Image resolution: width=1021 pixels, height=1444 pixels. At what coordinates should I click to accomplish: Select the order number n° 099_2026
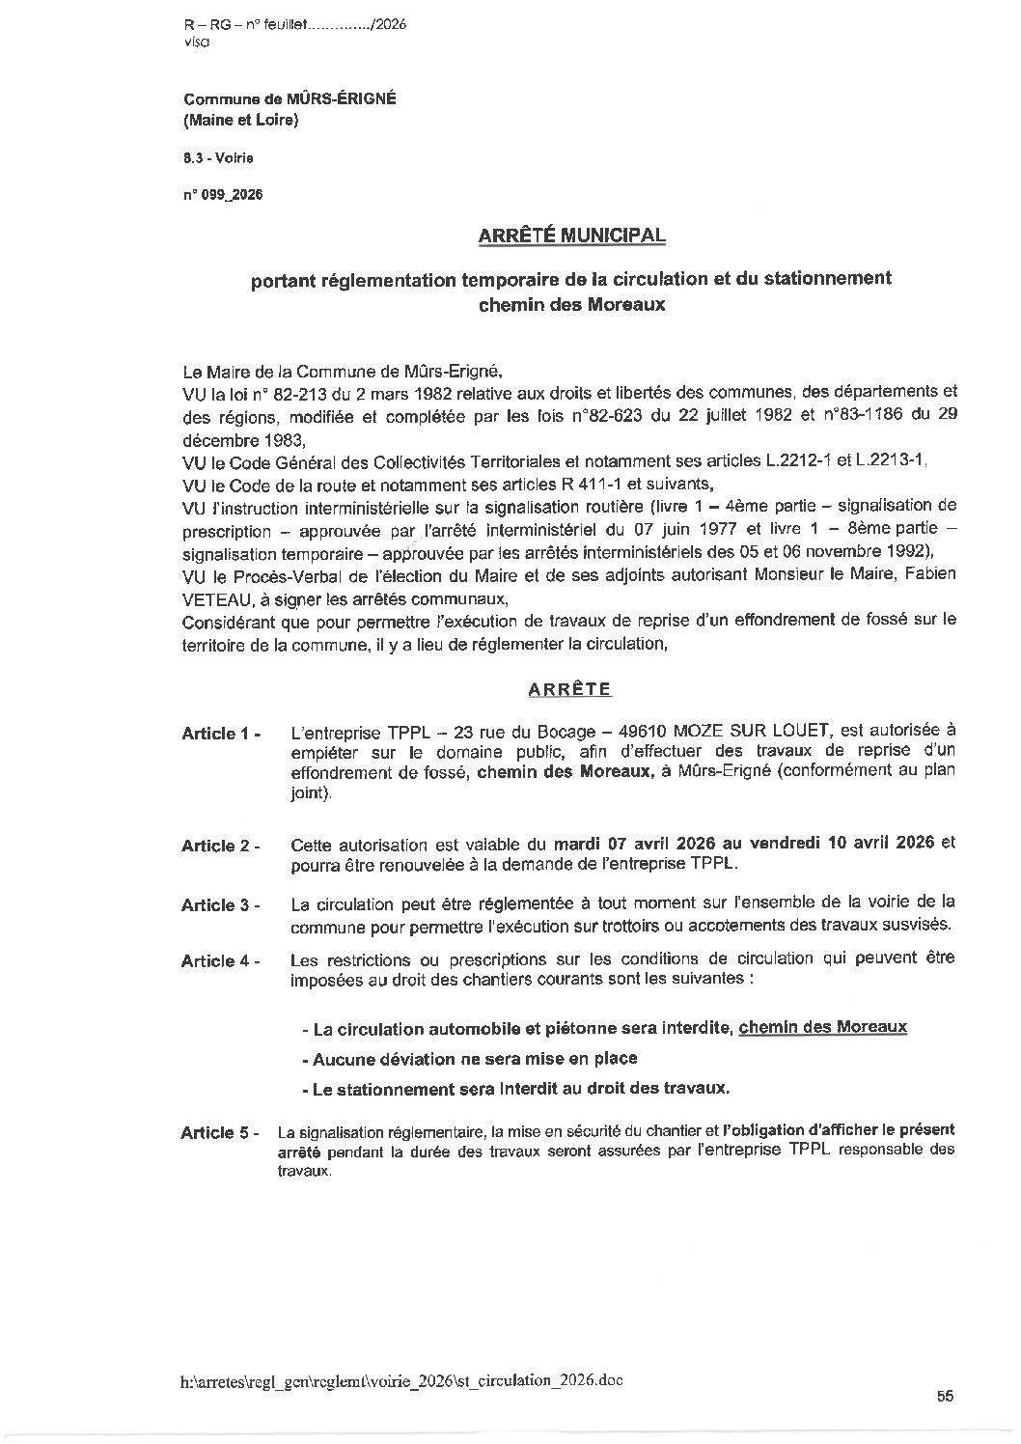tap(222, 194)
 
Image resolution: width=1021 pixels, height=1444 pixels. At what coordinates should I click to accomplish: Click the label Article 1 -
tap(221, 734)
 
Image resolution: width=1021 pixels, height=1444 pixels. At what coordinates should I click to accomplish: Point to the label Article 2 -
tap(221, 846)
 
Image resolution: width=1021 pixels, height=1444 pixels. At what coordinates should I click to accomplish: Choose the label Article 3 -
tap(221, 905)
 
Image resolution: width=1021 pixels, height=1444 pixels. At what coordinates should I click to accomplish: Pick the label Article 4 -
tap(221, 961)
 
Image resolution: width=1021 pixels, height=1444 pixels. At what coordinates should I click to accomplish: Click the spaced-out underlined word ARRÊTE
tap(569, 689)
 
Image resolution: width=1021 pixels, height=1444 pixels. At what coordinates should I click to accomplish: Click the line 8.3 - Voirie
tap(218, 157)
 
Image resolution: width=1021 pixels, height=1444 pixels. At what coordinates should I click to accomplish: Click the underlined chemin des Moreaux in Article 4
tap(822, 1026)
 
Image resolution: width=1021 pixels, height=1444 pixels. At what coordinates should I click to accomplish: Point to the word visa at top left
tap(193, 42)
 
